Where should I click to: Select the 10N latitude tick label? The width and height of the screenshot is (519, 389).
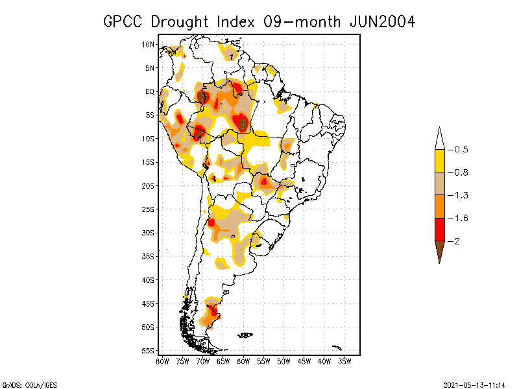149,45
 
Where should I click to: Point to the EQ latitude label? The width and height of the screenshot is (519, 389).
150,91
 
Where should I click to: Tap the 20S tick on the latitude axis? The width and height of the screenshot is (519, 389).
149,185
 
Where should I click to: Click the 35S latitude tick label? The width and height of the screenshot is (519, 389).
149,256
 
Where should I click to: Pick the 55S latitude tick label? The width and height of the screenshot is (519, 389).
149,351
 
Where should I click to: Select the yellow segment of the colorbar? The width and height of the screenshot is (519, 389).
439,161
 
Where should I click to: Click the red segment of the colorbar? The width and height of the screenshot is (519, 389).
439,230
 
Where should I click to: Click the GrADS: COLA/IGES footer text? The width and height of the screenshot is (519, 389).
24,384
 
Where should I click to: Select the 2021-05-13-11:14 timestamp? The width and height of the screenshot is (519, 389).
474,384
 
